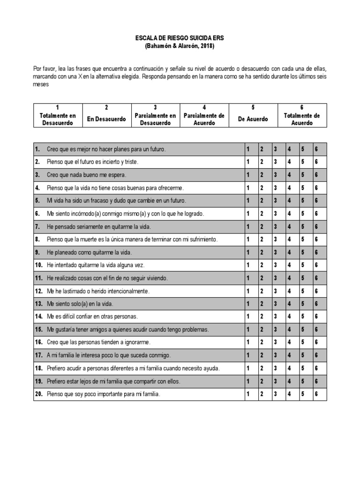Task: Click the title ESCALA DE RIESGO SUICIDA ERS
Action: point(180,38)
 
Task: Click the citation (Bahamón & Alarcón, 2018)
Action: point(180,46)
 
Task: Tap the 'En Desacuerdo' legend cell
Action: point(106,119)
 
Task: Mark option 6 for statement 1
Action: point(317,150)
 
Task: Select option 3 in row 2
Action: point(276,162)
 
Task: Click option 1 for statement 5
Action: point(248,201)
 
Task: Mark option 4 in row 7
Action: point(290,226)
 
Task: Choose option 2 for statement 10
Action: point(262,265)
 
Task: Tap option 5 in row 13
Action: point(303,304)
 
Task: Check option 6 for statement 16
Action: point(317,343)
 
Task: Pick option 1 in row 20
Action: point(248,394)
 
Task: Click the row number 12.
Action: point(38,291)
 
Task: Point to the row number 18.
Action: point(38,368)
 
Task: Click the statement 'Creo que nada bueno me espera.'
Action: point(87,175)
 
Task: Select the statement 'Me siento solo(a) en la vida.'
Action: point(80,304)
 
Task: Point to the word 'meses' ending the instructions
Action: point(41,85)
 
